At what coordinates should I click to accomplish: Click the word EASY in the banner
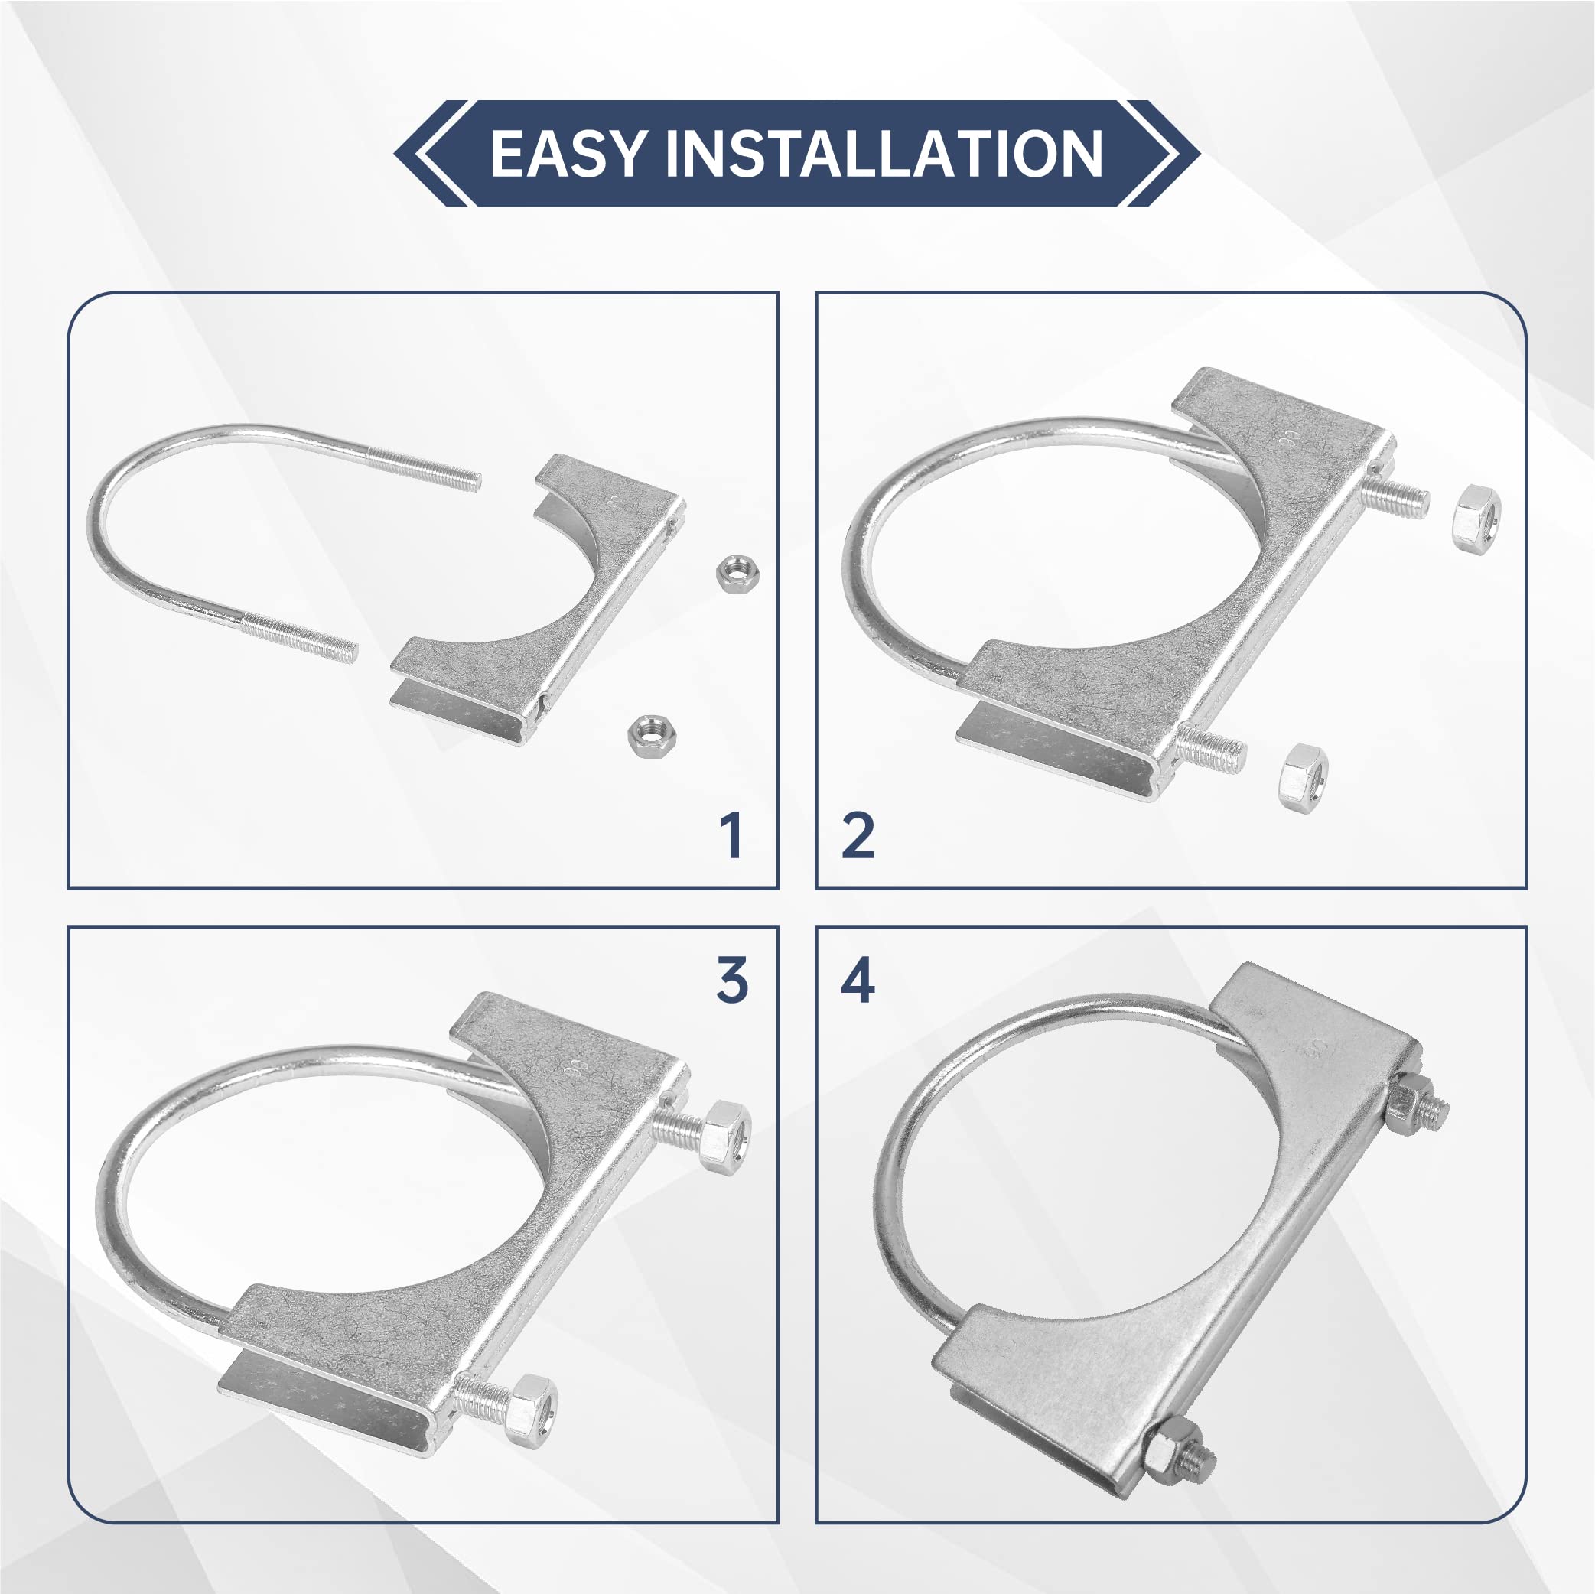click(x=566, y=154)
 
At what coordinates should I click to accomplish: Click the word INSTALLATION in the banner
click(x=884, y=154)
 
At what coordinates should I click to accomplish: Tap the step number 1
click(x=731, y=835)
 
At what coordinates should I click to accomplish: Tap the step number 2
click(x=858, y=835)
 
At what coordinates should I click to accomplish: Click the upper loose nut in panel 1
click(x=737, y=573)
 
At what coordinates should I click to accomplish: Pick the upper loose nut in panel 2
click(x=1476, y=519)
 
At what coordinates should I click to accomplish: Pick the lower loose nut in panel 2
click(x=1304, y=776)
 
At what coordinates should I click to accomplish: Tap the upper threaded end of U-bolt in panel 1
click(x=424, y=467)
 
